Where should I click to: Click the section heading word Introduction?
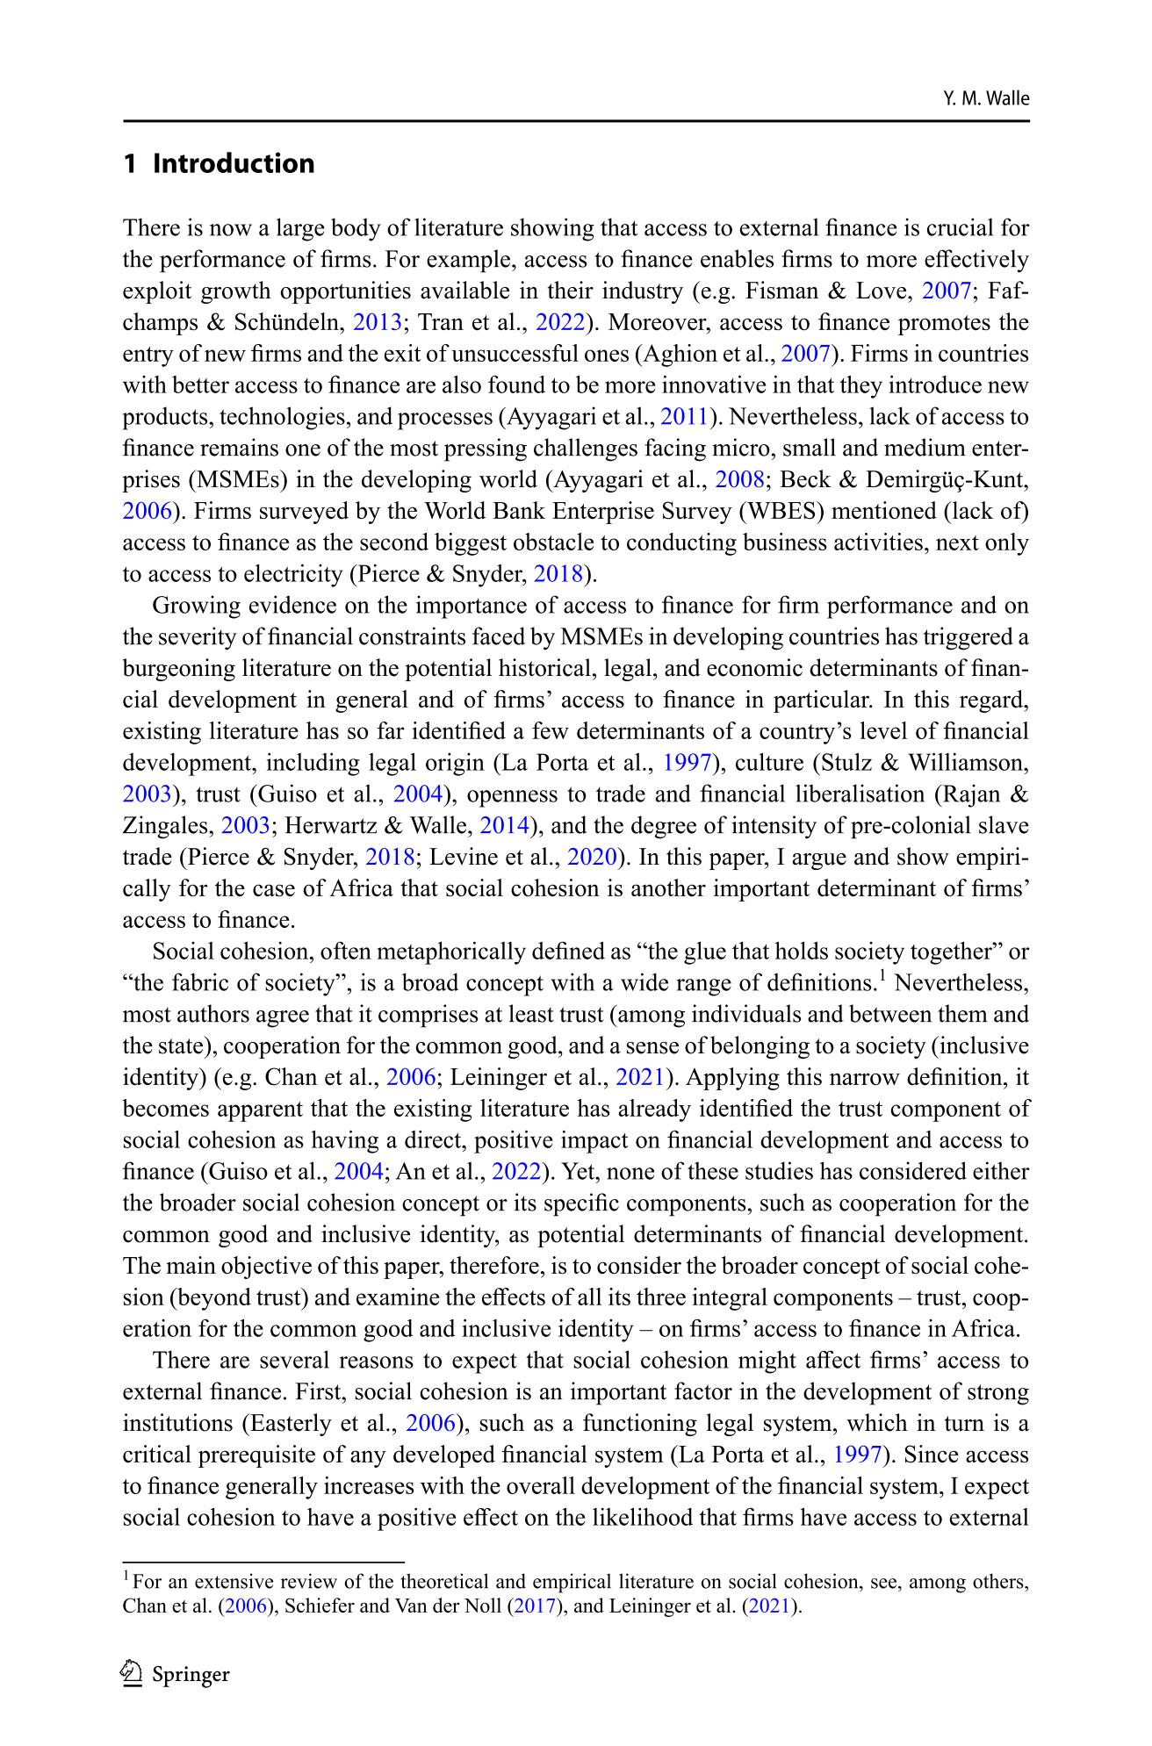[x=234, y=164]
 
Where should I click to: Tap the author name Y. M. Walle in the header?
[x=985, y=98]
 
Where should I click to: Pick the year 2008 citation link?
[x=734, y=479]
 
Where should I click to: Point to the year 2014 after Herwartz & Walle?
[x=504, y=825]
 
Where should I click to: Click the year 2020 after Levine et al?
[x=593, y=857]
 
